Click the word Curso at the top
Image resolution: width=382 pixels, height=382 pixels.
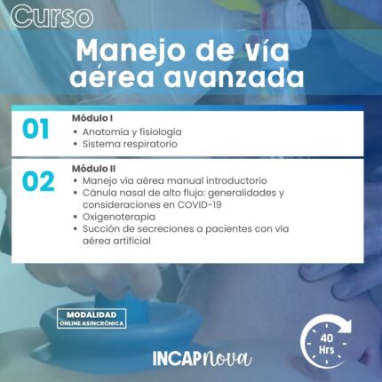[52, 17]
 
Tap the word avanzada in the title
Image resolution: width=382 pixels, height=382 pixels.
[234, 78]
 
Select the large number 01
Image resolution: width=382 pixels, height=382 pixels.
[36, 129]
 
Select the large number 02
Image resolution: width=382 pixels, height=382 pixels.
[38, 181]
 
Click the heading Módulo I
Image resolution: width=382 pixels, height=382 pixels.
[92, 118]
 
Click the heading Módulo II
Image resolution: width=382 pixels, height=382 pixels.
[93, 169]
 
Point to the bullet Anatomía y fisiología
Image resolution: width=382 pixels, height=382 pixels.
[132, 132]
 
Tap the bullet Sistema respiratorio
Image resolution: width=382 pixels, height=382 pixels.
[130, 144]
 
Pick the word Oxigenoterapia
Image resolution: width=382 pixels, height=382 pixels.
[119, 217]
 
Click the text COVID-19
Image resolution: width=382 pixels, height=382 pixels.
[199, 204]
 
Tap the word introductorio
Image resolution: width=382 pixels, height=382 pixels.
[236, 180]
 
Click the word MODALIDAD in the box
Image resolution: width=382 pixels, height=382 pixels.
[92, 314]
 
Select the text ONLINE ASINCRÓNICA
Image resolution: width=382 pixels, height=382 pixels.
[92, 323]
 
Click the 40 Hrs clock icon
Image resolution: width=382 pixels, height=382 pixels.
[326, 341]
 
